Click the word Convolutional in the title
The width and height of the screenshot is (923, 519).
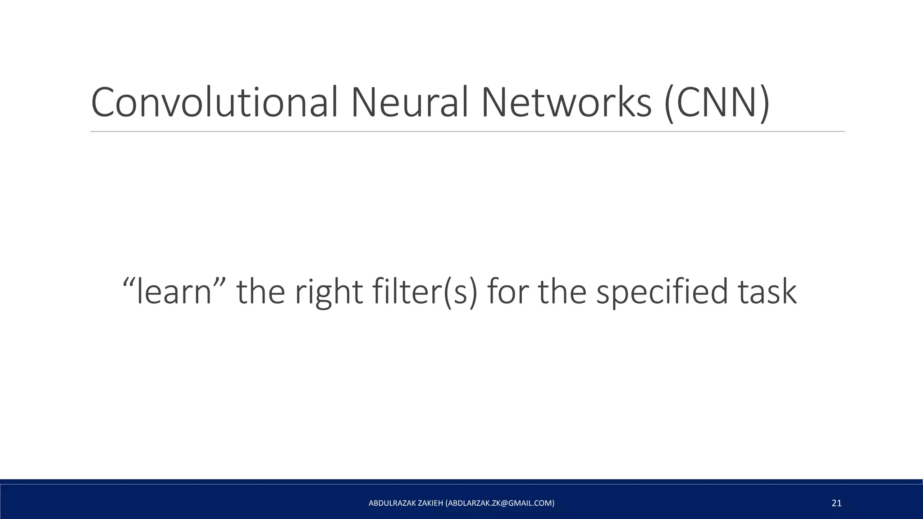coord(214,103)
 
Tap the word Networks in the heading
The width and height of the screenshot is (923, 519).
coord(566,103)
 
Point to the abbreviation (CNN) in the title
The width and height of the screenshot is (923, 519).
coord(717,104)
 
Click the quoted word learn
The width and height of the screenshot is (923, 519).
coord(174,292)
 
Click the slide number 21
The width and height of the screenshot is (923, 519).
coord(836,503)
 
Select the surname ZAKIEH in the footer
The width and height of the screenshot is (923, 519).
coord(430,503)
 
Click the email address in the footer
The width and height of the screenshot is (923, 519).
coord(500,503)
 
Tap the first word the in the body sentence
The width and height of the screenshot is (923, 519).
coord(261,292)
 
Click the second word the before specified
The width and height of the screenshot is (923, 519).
coord(562,292)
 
